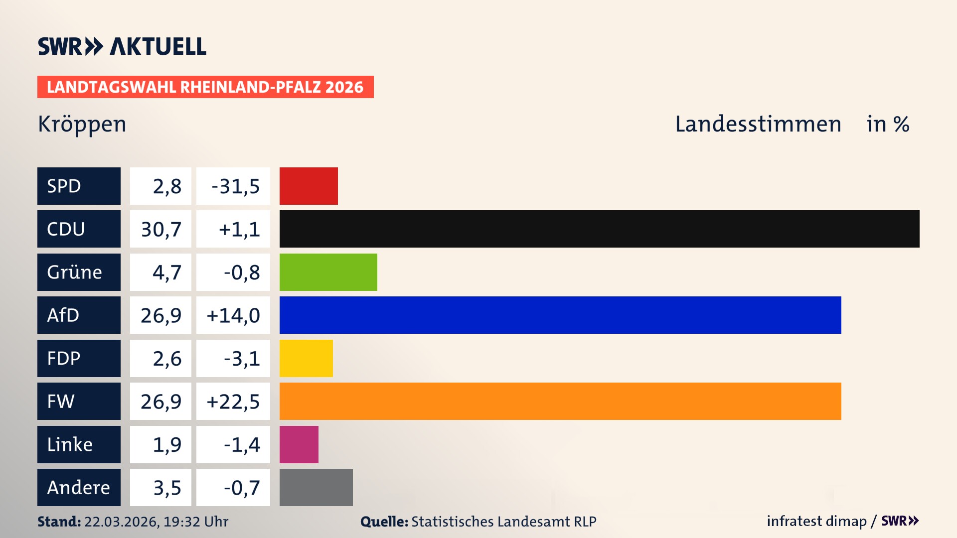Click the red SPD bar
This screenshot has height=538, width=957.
pyautogui.click(x=309, y=186)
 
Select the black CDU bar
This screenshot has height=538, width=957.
pyautogui.click(x=599, y=229)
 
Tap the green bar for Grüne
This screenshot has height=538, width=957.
pyautogui.click(x=328, y=272)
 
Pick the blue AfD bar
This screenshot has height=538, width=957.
pyautogui.click(x=560, y=315)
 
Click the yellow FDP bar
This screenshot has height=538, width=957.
pyautogui.click(x=306, y=358)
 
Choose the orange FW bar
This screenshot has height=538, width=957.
pyautogui.click(x=560, y=401)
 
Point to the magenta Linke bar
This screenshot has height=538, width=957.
pyautogui.click(x=299, y=444)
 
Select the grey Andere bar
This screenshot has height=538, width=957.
pyautogui.click(x=316, y=487)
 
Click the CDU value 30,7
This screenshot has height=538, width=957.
pyautogui.click(x=161, y=229)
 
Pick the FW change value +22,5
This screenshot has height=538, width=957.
pyautogui.click(x=233, y=402)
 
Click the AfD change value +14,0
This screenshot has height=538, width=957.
pyautogui.click(x=233, y=315)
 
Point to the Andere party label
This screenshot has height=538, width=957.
pyautogui.click(x=79, y=487)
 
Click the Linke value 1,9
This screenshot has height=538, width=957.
pyautogui.click(x=167, y=444)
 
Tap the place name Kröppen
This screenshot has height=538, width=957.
pyautogui.click(x=82, y=124)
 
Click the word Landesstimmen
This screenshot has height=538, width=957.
pyautogui.click(x=758, y=124)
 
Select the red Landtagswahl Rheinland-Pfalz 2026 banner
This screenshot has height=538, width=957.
pyautogui.click(x=205, y=87)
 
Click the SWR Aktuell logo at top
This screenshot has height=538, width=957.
pyautogui.click(x=122, y=46)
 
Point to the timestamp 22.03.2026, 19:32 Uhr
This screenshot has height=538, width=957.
pyautogui.click(x=156, y=522)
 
